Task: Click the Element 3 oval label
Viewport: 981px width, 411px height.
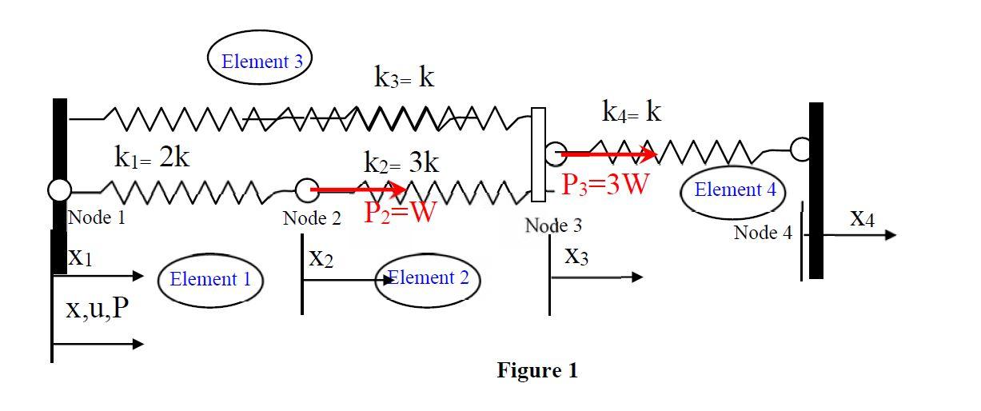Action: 259,60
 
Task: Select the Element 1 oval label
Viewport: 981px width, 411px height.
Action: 210,279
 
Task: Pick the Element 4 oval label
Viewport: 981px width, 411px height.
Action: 734,190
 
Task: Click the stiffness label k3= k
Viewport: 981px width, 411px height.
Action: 405,77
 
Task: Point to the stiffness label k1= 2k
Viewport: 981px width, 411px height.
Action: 152,157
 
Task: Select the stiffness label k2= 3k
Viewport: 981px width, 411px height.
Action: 401,163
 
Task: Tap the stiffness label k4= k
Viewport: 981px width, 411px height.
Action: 632,112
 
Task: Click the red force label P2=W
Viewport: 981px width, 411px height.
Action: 400,213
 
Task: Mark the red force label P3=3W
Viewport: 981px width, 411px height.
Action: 604,184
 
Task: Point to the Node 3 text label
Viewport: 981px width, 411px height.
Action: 554,225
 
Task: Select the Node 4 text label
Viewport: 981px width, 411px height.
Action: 764,233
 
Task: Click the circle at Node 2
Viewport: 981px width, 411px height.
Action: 307,190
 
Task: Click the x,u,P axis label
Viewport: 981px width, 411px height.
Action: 97,309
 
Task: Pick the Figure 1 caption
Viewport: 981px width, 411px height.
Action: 536,370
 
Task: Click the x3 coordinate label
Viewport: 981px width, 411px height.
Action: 576,257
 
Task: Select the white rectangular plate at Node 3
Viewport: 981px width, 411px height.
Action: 538,154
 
